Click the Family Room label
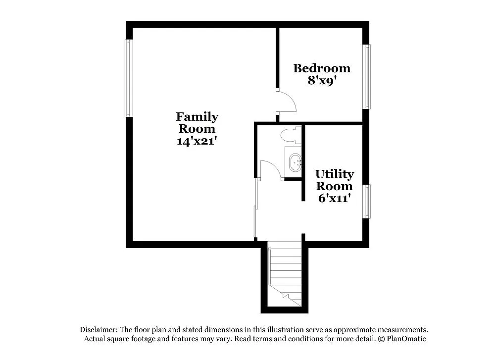click(x=197, y=123)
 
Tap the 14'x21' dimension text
click(x=197, y=141)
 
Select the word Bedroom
click(x=321, y=68)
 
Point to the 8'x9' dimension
click(x=322, y=80)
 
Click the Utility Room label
click(x=335, y=180)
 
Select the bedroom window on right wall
click(x=367, y=76)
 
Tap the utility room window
click(x=367, y=201)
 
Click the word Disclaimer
click(x=97, y=330)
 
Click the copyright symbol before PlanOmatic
click(x=381, y=339)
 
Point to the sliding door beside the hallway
click(x=255, y=208)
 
